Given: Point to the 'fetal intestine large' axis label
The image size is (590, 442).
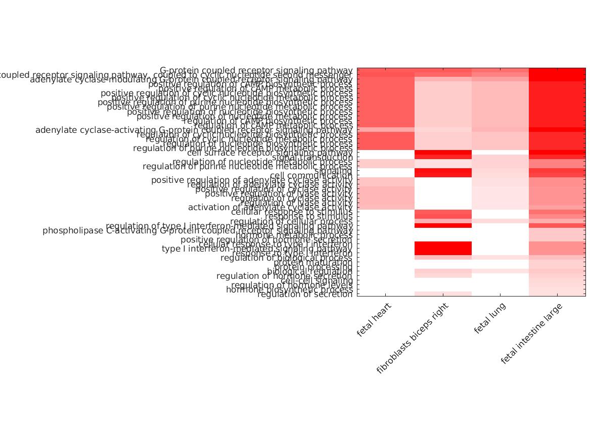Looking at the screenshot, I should pyautogui.click(x=531, y=334).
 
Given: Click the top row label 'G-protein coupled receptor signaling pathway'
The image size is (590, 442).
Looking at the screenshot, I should pyautogui.click(x=256, y=70).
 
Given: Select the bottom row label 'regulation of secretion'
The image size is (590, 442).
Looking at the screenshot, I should pyautogui.click(x=304, y=294).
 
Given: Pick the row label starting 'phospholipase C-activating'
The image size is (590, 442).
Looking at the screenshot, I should pyautogui.click(x=197, y=231).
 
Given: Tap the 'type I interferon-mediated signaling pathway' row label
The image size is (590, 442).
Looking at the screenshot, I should pyautogui.click(x=257, y=249).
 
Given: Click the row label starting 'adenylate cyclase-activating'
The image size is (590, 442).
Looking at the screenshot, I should pyautogui.click(x=194, y=130).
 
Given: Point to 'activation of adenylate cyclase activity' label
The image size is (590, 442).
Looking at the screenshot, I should pyautogui.click(x=270, y=207).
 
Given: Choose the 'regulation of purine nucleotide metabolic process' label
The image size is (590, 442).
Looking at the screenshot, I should pyautogui.click(x=247, y=166).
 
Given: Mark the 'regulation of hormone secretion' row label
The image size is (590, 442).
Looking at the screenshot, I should pyautogui.click(x=284, y=276).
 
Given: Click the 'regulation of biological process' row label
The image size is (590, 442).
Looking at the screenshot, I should pyautogui.click(x=286, y=258).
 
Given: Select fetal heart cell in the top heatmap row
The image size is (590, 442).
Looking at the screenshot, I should pyautogui.click(x=386, y=70).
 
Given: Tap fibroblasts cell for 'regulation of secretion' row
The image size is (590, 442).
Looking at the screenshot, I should pyautogui.click(x=443, y=293).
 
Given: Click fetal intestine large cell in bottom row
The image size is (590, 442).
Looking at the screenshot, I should pyautogui.click(x=557, y=293).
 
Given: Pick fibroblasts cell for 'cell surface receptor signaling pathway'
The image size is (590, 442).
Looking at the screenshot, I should pyautogui.click(x=443, y=153).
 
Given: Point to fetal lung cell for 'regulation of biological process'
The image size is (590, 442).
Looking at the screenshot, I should pyautogui.click(x=500, y=258).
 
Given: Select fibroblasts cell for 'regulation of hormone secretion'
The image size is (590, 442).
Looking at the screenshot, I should pyautogui.click(x=443, y=276).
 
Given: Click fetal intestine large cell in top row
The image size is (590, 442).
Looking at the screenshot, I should pyautogui.click(x=557, y=70).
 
